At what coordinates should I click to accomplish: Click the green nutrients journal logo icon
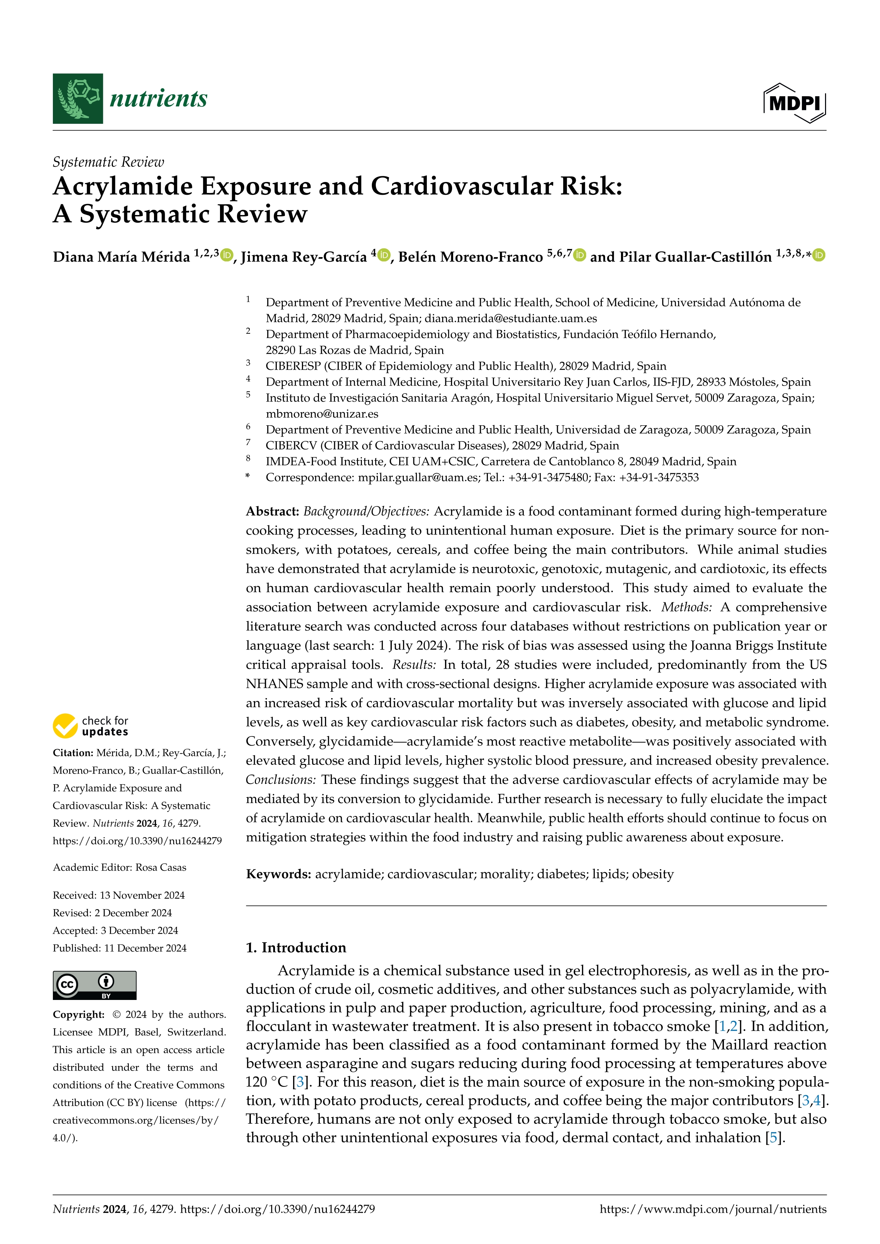tap(77, 99)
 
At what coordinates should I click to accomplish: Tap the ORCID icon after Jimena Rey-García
tap(384, 255)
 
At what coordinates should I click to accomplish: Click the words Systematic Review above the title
tap(108, 162)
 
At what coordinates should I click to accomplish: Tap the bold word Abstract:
tap(273, 512)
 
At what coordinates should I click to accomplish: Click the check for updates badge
tap(90, 726)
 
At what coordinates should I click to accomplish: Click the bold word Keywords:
tap(279, 874)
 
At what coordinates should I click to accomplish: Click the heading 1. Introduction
tap(296, 947)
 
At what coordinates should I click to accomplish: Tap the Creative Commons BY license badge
tap(94, 985)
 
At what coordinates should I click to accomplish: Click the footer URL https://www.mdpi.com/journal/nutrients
tap(713, 1209)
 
